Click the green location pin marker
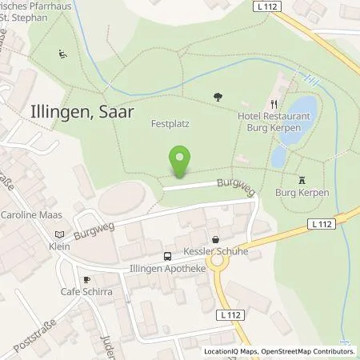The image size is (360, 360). pyautogui.click(x=180, y=162)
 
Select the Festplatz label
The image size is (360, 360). pyautogui.click(x=170, y=125)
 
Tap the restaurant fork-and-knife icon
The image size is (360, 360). pyautogui.click(x=274, y=102)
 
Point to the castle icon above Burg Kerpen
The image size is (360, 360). pyautogui.click(x=302, y=180)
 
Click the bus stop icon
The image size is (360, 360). pyautogui.click(x=166, y=256)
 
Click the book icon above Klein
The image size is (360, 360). pyautogui.click(x=58, y=234)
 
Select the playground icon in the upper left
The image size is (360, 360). pyautogui.click(x=62, y=55)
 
